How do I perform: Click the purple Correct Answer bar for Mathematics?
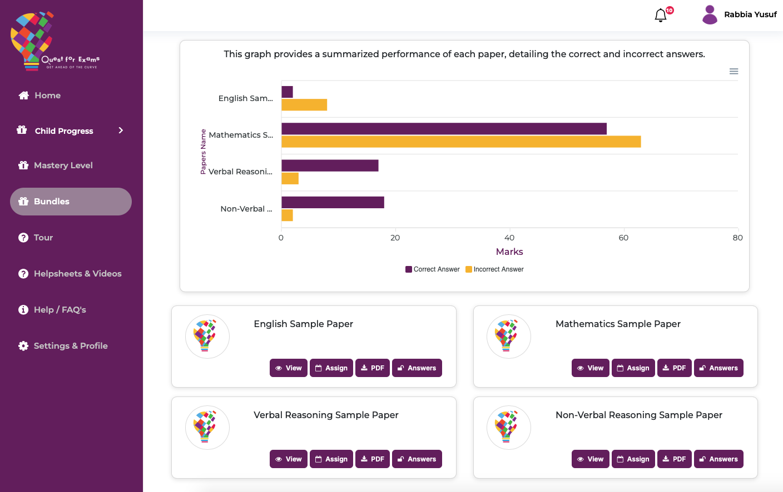click(444, 129)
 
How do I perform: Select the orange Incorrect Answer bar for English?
click(304, 105)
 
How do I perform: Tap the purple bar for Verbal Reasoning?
click(330, 165)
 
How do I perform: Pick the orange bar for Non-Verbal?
click(287, 215)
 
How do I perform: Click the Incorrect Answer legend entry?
click(495, 269)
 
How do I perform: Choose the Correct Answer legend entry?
click(433, 269)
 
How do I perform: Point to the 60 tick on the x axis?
click(623, 238)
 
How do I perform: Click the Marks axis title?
click(509, 252)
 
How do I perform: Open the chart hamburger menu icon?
click(734, 71)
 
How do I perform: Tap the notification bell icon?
click(661, 15)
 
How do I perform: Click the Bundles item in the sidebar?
click(71, 202)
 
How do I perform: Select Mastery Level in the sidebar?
click(63, 165)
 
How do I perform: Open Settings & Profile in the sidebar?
click(71, 346)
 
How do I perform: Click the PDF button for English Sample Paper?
click(373, 368)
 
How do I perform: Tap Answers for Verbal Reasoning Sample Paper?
click(417, 459)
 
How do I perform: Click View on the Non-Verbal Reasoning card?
click(590, 459)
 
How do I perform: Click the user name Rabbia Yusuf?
click(750, 14)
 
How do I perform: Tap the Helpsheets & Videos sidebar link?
click(77, 274)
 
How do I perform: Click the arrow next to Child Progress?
click(121, 130)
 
